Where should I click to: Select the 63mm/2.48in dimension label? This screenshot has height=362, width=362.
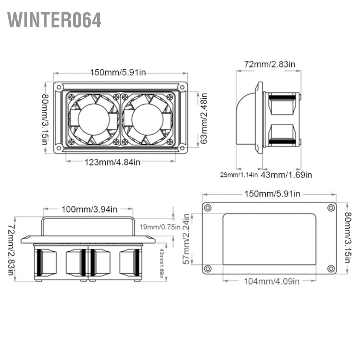click(203, 118)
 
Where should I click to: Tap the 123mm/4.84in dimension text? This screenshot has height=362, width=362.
click(112, 162)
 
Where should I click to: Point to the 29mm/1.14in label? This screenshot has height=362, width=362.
click(239, 175)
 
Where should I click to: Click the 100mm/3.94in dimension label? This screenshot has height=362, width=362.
click(89, 209)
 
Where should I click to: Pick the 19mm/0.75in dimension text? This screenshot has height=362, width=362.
click(160, 227)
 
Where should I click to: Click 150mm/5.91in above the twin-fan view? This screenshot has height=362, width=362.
click(118, 72)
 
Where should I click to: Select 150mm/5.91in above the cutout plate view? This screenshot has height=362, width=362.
click(272, 193)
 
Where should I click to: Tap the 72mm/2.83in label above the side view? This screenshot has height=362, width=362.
click(270, 64)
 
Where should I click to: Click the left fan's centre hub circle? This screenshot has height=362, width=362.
click(94, 119)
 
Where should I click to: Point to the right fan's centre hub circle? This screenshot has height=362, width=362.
click(147, 119)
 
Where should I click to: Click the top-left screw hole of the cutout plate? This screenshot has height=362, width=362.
click(208, 208)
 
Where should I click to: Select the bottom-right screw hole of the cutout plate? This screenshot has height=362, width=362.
click(331, 269)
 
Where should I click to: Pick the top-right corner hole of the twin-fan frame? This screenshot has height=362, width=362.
click(182, 87)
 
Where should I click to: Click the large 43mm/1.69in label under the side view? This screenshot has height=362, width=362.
click(286, 175)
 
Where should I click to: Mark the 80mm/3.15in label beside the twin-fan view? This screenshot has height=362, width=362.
click(45, 119)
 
